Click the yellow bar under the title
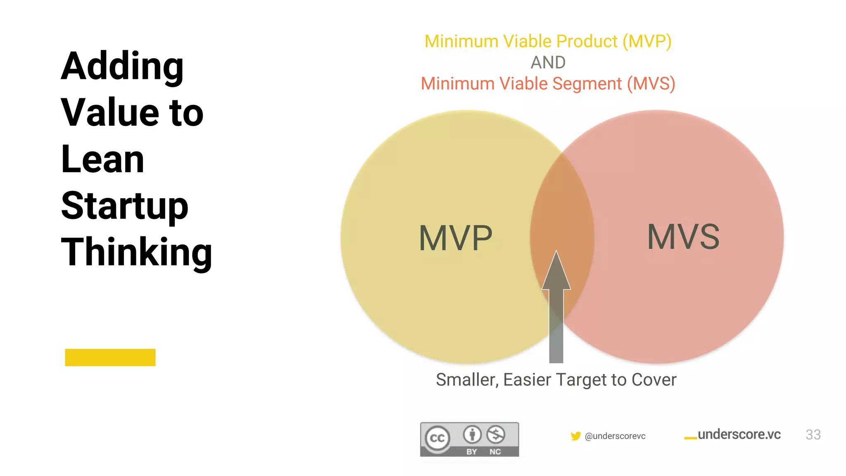(x=110, y=357)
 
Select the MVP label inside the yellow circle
(x=456, y=238)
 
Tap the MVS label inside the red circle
(x=683, y=237)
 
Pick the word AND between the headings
(x=548, y=63)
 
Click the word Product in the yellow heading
(x=587, y=41)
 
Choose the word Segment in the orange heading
(x=587, y=84)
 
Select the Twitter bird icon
(x=575, y=436)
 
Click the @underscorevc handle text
(x=615, y=436)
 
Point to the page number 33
(x=813, y=435)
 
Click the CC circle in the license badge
(x=437, y=438)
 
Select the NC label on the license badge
(x=495, y=452)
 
